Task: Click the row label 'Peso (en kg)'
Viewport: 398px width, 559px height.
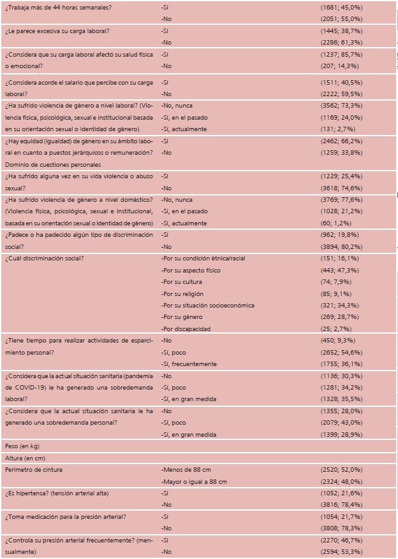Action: [20, 447]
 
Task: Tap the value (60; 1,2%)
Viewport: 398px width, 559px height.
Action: [337, 223]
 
